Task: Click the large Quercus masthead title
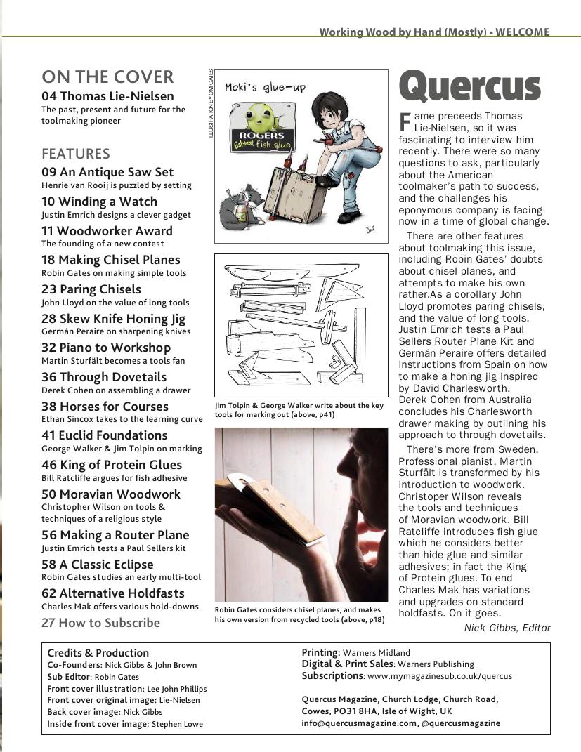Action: coord(469,87)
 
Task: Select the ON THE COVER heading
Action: coord(107,77)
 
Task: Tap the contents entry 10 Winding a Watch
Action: coord(99,202)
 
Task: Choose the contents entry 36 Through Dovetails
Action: coord(104,377)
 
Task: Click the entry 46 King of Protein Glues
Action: coord(111,465)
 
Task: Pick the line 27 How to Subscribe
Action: coord(100,623)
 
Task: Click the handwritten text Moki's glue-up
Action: coord(265,87)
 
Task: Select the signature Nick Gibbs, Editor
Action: coord(507,628)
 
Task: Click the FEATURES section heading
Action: coord(76,154)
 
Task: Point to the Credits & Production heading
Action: coord(98,652)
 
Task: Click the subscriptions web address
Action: coord(439,676)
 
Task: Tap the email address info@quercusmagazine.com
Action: coord(359,723)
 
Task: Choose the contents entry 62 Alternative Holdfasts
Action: coord(112,593)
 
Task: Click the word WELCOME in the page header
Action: coord(523,32)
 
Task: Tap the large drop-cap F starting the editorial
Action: coord(405,121)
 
